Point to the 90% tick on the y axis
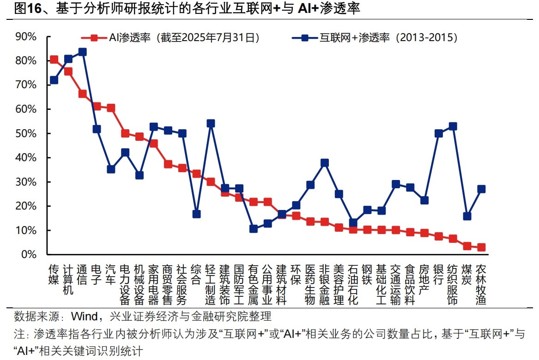(x=26, y=36)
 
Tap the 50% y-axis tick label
(x=26, y=133)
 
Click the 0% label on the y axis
(x=29, y=254)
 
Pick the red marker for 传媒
(x=54, y=60)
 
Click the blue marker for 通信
(x=83, y=52)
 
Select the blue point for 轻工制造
(x=211, y=123)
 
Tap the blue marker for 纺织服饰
(x=453, y=126)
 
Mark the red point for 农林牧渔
(x=481, y=247)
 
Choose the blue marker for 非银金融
(x=325, y=163)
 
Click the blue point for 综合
(x=196, y=214)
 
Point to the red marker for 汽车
(x=111, y=108)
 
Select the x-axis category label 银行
(x=438, y=274)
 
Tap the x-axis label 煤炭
(x=467, y=274)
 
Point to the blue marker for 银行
(x=439, y=133)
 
